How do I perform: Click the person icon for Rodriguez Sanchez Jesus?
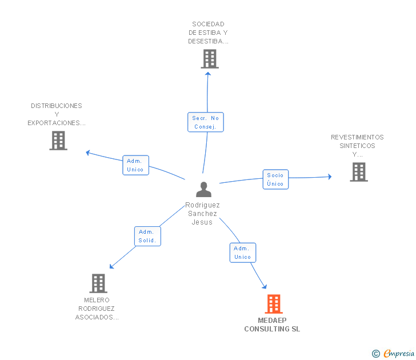[x=203, y=189]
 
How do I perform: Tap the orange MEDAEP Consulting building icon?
[x=274, y=304]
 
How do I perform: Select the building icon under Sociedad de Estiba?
[x=210, y=59]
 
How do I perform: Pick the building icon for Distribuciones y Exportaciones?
[x=58, y=141]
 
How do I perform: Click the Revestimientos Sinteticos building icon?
[x=359, y=172]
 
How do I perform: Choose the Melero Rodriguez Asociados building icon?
[x=98, y=283]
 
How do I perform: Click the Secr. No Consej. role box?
[x=206, y=122]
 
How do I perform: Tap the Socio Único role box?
[x=275, y=179]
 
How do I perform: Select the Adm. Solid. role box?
[x=147, y=236]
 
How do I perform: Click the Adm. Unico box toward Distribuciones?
[x=135, y=165]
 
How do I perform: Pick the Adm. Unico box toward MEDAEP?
[x=243, y=253]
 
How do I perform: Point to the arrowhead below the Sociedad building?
[x=208, y=74]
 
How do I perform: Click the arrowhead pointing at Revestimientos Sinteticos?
[x=330, y=177]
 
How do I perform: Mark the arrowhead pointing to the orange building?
[x=265, y=286]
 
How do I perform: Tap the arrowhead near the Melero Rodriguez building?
[x=111, y=266]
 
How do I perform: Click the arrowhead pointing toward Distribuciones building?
[x=88, y=153]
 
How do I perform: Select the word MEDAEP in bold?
[x=272, y=321]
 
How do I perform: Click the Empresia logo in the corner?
[x=393, y=354]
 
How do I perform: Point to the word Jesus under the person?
[x=202, y=222]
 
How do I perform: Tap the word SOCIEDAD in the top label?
[x=208, y=24]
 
